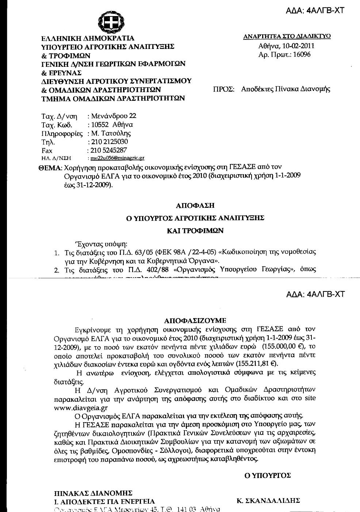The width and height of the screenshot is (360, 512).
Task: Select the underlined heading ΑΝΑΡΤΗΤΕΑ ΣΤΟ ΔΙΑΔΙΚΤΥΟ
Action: (x=287, y=36)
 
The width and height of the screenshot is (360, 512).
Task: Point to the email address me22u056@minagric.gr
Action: (x=117, y=158)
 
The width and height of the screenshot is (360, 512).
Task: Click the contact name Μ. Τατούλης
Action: (x=111, y=133)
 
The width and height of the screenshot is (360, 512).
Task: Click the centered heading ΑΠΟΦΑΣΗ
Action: (x=195, y=205)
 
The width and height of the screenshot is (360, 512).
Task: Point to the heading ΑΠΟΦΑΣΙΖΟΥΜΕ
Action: (x=195, y=321)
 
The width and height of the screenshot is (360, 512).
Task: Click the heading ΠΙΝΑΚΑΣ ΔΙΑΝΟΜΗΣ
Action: (x=93, y=493)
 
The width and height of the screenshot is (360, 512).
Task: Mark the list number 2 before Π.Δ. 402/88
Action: (x=57, y=270)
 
